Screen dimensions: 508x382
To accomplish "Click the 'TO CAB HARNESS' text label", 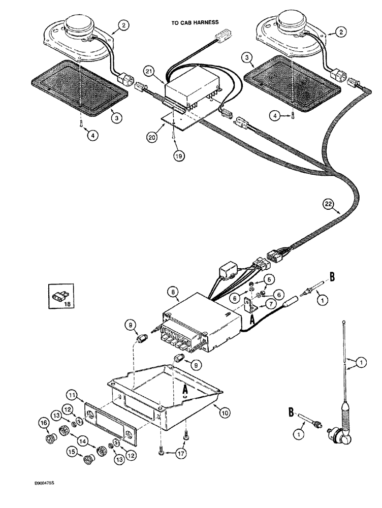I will (195, 23).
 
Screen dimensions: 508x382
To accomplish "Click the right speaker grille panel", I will (272, 77).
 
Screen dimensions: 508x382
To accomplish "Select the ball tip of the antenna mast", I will (346, 321).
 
